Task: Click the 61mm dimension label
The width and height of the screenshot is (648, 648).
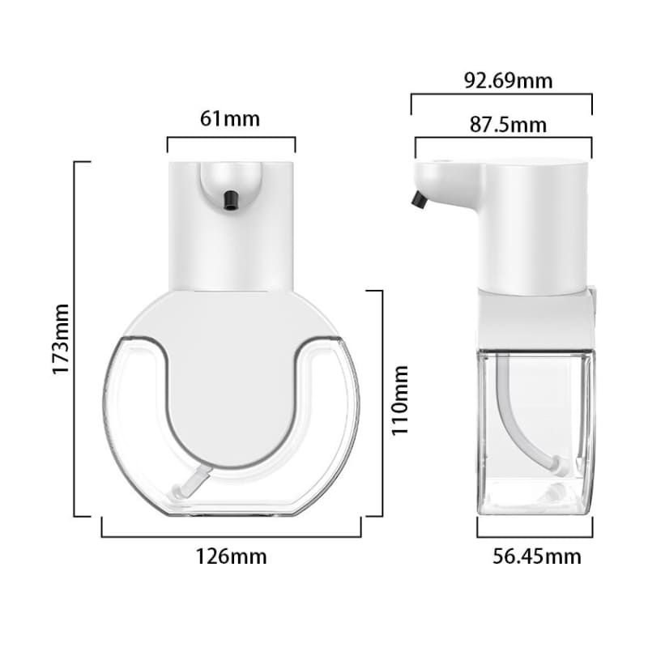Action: point(230,119)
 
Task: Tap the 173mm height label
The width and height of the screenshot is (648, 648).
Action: point(61,339)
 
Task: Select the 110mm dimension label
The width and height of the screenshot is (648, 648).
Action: point(400,400)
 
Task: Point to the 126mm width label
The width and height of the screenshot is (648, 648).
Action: point(231,556)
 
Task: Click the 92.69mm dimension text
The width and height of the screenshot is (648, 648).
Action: point(508,81)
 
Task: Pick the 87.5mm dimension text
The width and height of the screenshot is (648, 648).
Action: point(508,125)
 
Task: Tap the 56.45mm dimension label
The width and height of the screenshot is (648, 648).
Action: point(537,556)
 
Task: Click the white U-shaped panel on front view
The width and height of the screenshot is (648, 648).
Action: point(231,381)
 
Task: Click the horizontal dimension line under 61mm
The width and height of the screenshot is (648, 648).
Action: point(231,138)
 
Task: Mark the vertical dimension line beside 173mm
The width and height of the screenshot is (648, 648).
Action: point(75,339)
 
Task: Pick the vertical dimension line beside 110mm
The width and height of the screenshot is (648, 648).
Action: point(382,403)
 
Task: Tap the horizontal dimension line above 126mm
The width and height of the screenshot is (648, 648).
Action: point(231,536)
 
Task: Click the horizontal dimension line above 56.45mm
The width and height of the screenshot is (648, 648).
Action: point(535,536)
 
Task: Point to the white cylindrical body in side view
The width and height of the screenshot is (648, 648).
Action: point(533,227)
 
